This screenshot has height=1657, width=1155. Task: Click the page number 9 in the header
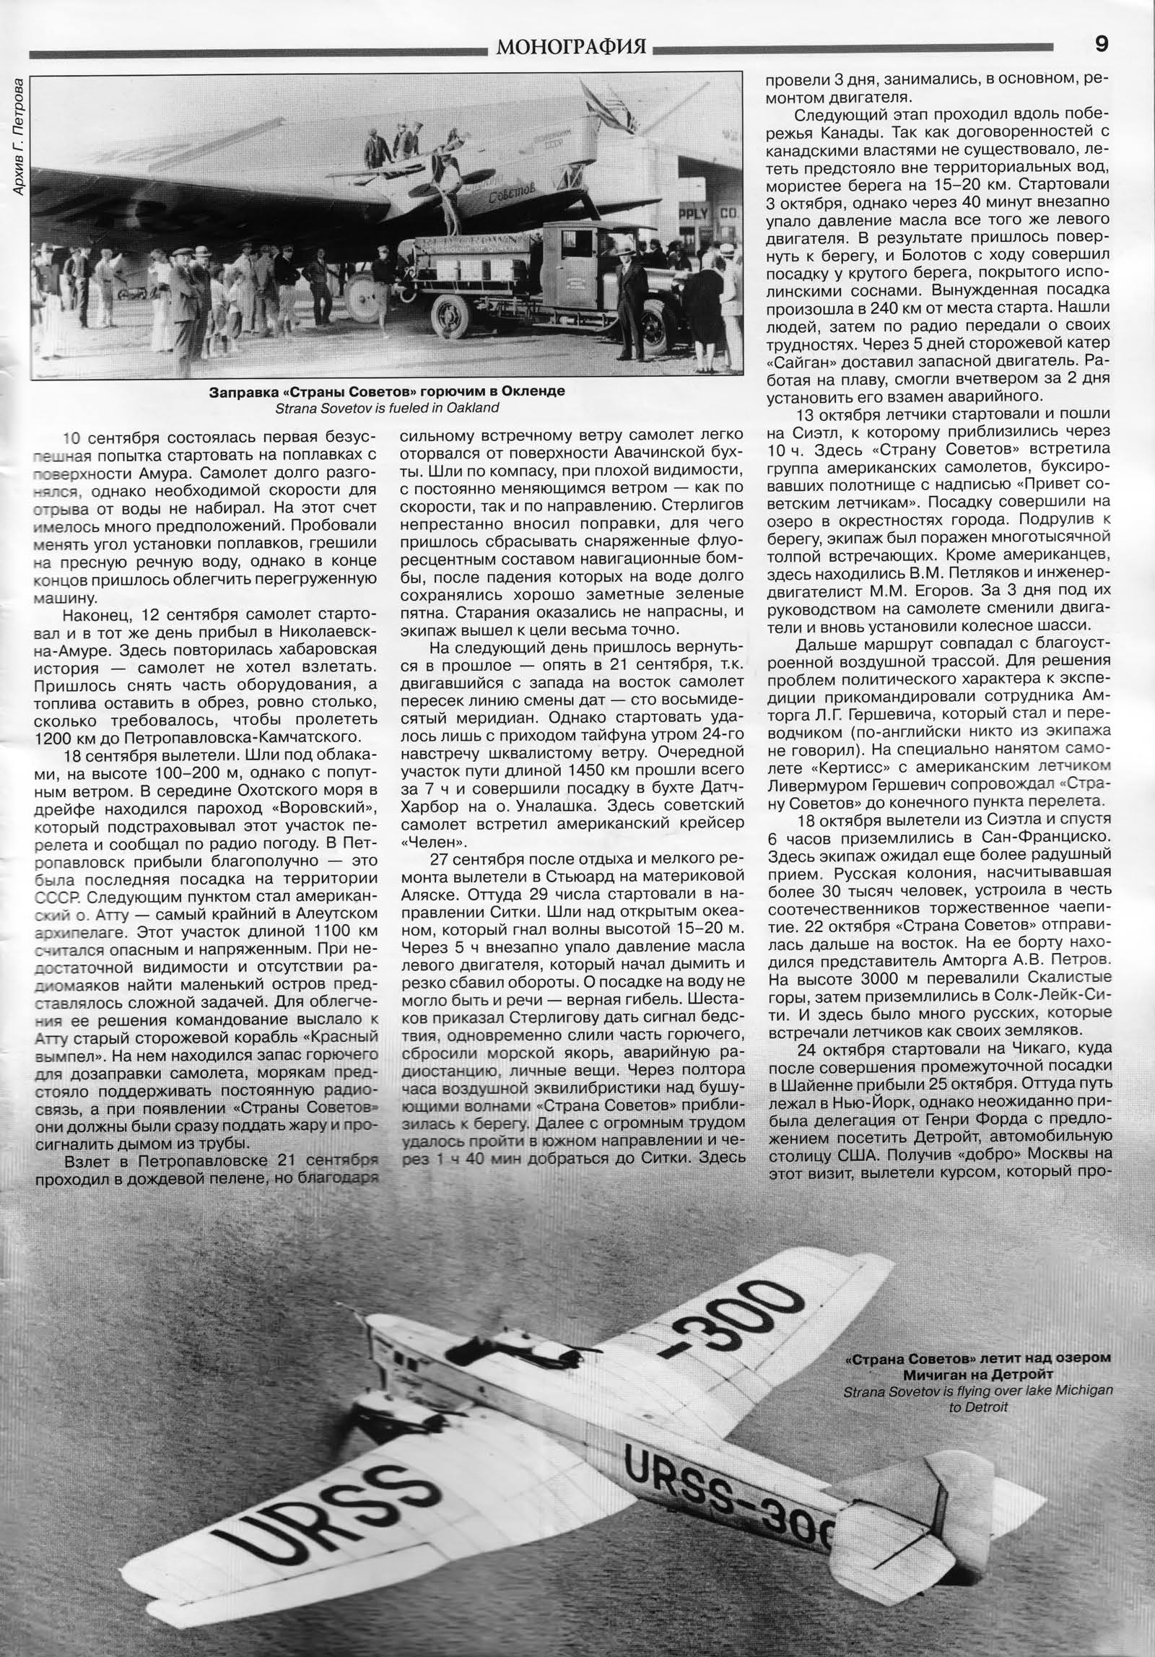(1102, 45)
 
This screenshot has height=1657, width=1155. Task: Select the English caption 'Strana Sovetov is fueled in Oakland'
(387, 407)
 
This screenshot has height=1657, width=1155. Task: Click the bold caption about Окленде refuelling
(387, 392)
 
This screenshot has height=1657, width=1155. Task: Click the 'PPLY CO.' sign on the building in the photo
(715, 214)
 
